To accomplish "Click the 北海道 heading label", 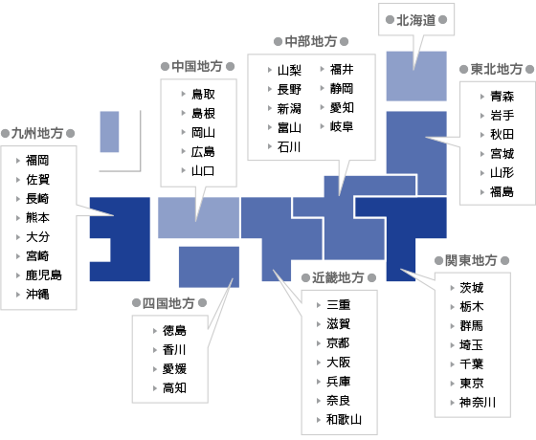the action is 416,20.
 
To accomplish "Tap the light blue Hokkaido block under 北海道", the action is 416,77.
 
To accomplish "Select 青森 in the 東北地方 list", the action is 502,97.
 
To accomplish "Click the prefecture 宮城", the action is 502,154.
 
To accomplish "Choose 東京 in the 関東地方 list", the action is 472,383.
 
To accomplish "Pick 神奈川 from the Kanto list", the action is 478,403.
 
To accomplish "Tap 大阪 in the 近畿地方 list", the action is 339,363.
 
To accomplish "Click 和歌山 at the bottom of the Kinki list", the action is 344,420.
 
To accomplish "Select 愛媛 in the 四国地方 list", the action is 174,369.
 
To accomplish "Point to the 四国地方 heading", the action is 168,303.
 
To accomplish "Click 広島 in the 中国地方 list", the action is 203,152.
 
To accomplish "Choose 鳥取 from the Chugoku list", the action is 203,94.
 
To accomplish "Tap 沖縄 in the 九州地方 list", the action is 37,295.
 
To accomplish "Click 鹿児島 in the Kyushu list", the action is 44,275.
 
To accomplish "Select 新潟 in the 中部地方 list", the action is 289,109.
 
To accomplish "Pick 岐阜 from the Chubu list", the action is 342,126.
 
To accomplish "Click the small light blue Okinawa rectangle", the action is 109,132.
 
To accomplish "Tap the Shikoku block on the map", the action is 209,267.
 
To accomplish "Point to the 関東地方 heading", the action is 471,260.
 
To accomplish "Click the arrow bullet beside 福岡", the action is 18,161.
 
